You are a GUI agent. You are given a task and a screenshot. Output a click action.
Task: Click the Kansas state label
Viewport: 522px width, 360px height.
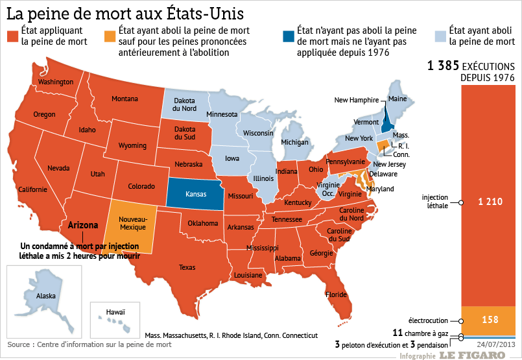[196, 194]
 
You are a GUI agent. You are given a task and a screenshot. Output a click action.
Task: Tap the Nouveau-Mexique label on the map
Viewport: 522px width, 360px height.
[134, 223]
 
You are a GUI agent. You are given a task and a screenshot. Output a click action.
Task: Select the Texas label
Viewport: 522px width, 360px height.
[187, 267]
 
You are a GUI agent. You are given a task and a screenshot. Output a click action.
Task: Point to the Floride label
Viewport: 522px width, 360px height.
[336, 294]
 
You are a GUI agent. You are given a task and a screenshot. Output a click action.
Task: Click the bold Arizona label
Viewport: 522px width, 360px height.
[83, 226]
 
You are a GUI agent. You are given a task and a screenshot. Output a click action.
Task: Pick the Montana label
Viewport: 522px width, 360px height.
[125, 99]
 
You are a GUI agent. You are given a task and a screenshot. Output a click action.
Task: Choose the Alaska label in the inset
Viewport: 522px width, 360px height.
[46, 296]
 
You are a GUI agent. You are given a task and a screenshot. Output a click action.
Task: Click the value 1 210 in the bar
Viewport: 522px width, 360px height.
[490, 202]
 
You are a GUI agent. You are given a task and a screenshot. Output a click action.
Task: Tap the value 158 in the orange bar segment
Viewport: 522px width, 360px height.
[490, 320]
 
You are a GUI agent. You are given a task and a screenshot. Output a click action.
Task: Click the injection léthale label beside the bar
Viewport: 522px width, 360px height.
[434, 201]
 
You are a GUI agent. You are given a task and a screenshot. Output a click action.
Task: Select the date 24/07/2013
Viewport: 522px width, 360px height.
[496, 344]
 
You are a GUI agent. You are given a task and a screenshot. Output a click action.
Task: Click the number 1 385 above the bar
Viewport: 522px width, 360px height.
[444, 66]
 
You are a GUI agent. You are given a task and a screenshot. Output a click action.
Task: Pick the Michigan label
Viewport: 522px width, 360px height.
[294, 142]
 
